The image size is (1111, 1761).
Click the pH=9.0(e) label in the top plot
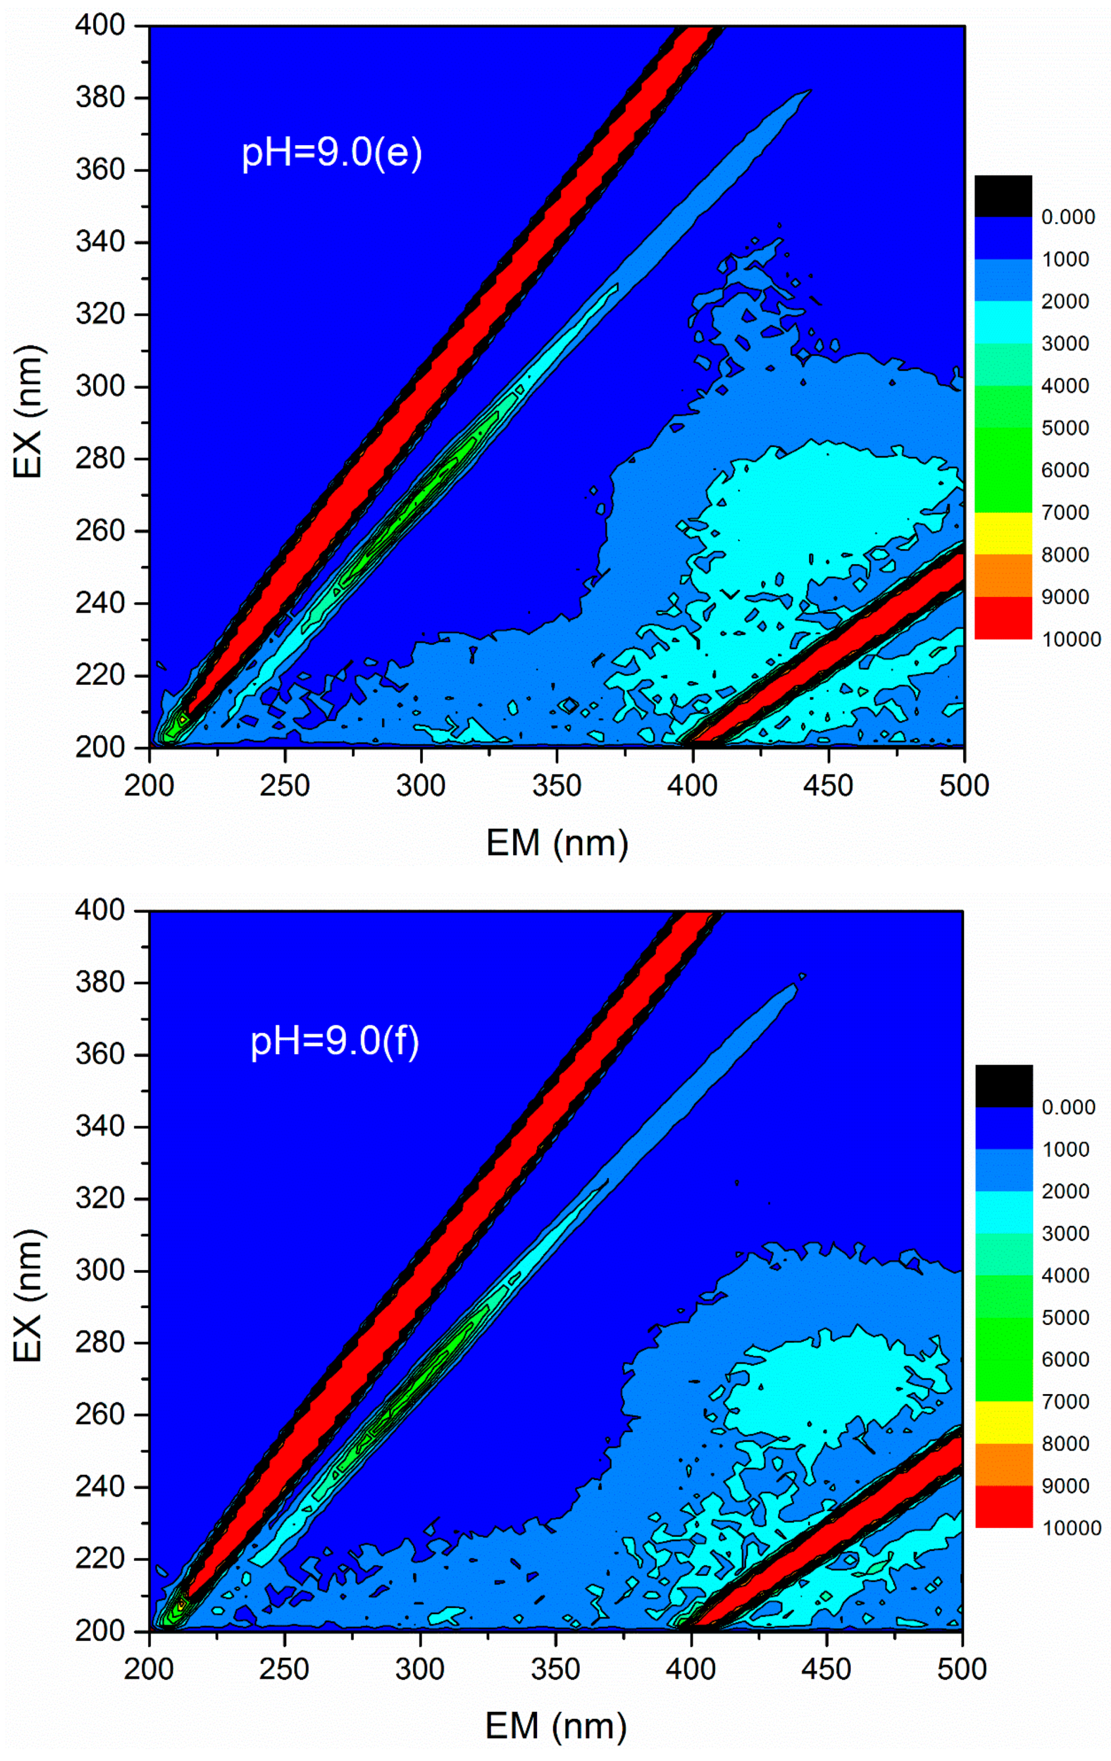(331, 153)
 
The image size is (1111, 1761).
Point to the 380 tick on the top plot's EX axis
(100, 98)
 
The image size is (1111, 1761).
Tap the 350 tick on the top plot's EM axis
(556, 786)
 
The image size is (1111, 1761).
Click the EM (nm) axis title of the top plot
(557, 843)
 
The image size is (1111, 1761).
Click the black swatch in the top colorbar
(1003, 196)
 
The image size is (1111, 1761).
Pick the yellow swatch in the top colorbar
(1003, 533)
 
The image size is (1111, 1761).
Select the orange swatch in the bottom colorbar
(1004, 1464)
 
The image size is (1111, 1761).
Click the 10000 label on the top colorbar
(1071, 640)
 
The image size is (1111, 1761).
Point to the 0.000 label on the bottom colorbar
(1068, 1107)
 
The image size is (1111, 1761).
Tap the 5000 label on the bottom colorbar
(1065, 1318)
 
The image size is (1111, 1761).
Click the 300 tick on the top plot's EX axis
(100, 386)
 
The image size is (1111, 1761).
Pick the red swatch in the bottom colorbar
(1004, 1506)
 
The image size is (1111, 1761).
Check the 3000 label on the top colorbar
(1065, 344)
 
